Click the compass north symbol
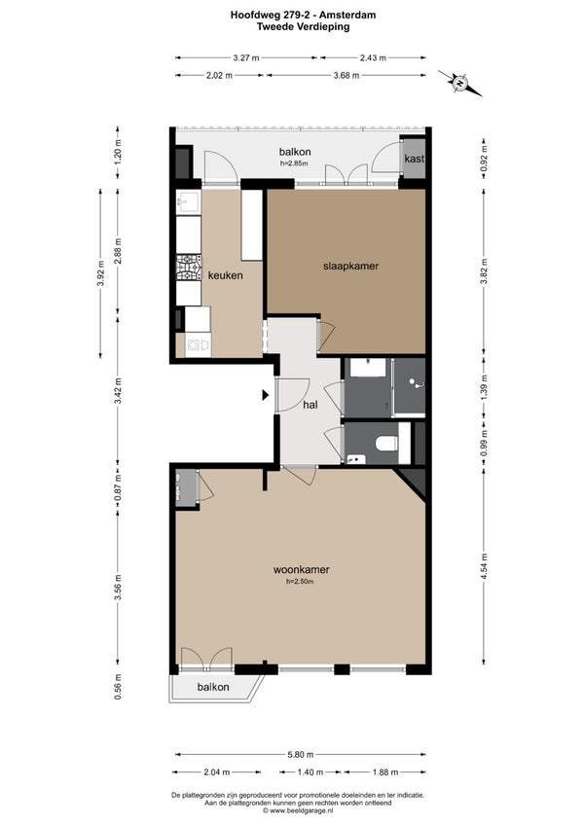pos(459,83)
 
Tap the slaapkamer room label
pos(350,266)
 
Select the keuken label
pos(226,275)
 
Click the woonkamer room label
pos(301,569)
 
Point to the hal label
pos(310,405)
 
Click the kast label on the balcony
pos(414,159)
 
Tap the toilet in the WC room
pos(386,443)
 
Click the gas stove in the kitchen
pos(189,268)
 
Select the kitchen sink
pos(188,201)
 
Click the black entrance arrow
pos(266,395)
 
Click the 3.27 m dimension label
pos(246,57)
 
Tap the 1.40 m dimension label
pos(310,771)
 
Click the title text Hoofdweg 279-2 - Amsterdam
pos(304,16)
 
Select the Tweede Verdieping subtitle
pos(304,27)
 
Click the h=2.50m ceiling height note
pos(300,582)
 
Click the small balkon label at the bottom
pos(213,687)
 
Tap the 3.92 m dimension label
pos(100,273)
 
